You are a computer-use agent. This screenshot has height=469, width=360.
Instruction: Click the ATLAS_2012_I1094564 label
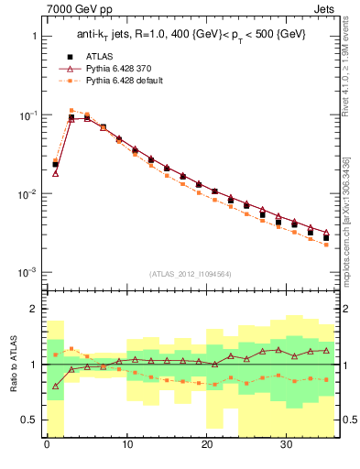tap(190, 273)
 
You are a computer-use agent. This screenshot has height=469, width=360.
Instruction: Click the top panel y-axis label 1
tap(34, 37)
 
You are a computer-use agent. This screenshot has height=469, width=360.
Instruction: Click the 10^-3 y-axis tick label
tap(28, 273)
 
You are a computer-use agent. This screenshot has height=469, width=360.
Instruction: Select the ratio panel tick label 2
tap(34, 309)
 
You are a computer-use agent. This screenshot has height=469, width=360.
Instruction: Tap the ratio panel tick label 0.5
tap(30, 420)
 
